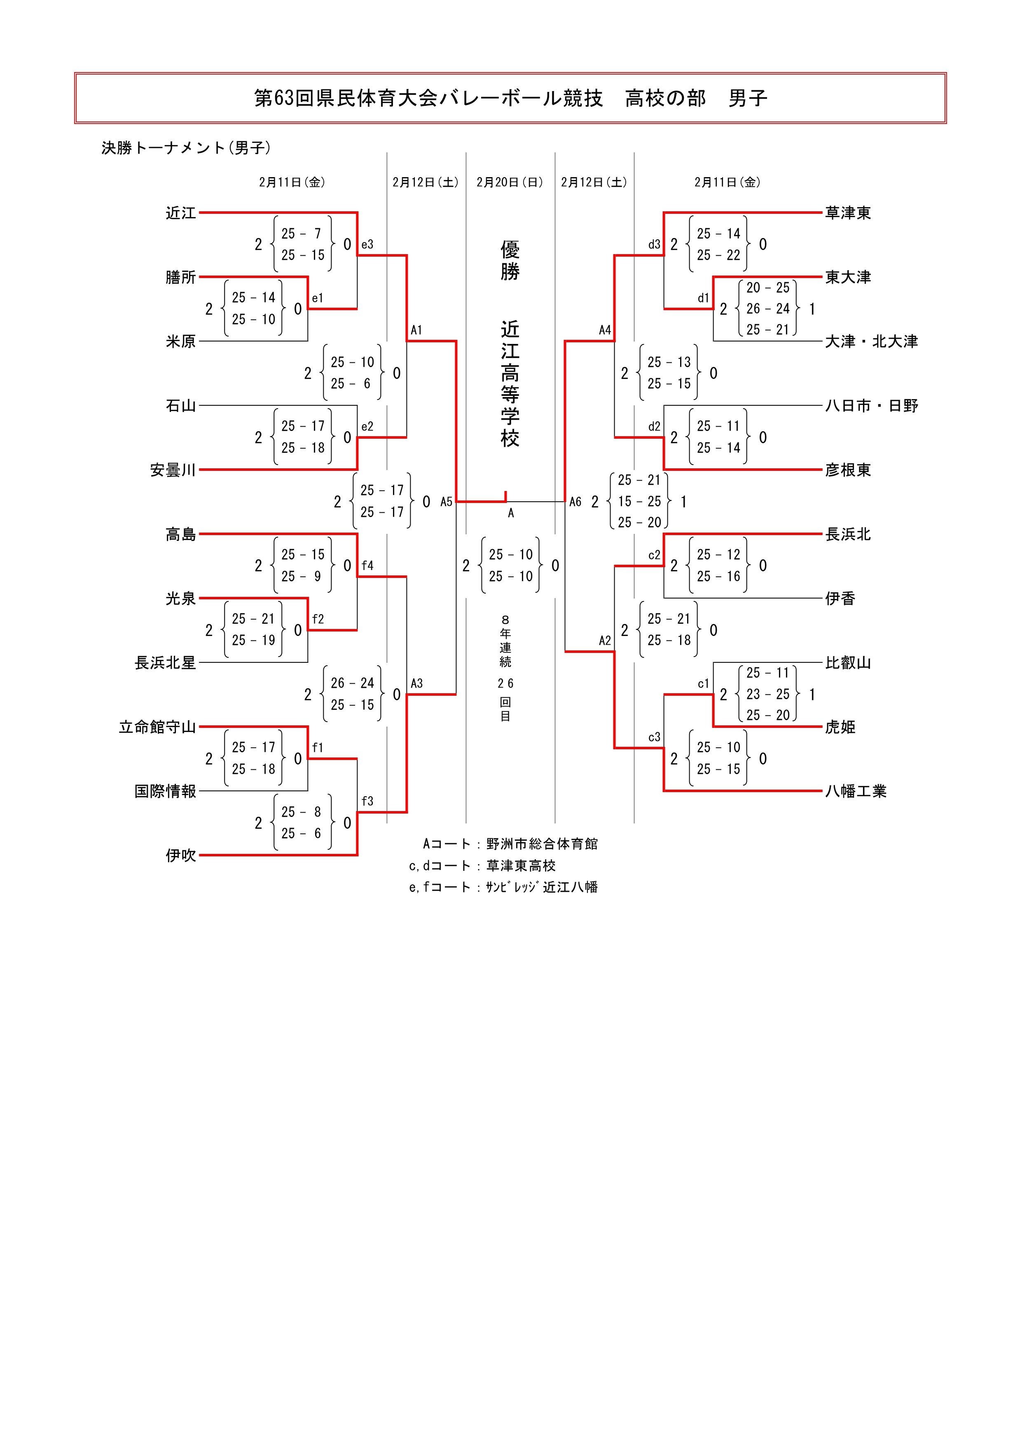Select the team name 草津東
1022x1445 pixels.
[x=848, y=213]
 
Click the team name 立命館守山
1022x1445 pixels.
[x=157, y=727]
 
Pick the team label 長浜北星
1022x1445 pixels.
[x=165, y=663]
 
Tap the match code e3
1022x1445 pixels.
[x=367, y=245]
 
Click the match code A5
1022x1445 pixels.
[x=446, y=502]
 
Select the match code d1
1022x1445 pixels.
[x=703, y=298]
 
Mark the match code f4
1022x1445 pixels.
[x=367, y=566]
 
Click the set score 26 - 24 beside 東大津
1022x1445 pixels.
[x=768, y=309]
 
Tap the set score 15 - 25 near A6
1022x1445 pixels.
[x=639, y=502]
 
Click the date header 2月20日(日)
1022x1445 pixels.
[x=510, y=182]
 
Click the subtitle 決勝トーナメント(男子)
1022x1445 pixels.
[x=186, y=148]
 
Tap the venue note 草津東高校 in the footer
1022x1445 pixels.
[x=521, y=866]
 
